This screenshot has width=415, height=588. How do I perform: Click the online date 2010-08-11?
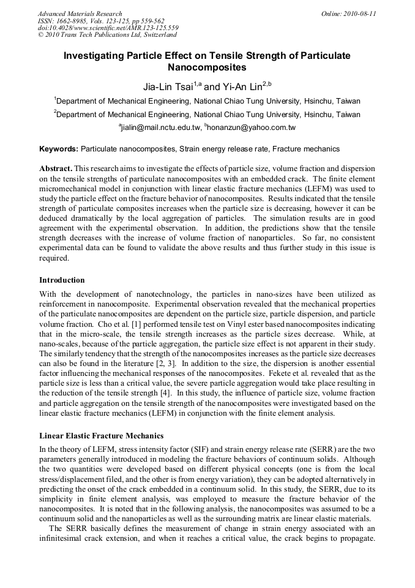click(359, 13)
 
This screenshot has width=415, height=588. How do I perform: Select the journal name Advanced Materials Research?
click(80, 13)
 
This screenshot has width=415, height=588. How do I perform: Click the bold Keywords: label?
click(59, 149)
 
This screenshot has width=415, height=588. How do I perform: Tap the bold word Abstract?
click(56, 168)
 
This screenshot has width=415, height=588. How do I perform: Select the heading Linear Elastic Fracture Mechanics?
click(102, 436)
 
